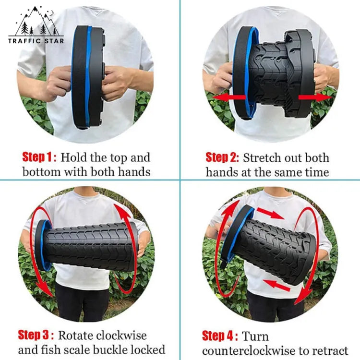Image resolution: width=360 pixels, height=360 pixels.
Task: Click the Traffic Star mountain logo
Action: point(36,25)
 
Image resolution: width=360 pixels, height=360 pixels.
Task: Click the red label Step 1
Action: point(39,157)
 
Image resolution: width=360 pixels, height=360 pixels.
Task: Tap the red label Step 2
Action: point(222,157)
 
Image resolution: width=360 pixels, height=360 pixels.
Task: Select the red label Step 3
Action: point(36,335)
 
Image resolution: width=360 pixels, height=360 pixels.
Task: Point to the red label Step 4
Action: point(220,336)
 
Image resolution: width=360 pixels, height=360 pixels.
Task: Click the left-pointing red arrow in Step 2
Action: point(229,97)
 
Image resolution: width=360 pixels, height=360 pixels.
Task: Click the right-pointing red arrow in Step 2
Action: point(315,97)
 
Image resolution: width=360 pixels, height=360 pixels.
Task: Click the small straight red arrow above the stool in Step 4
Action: point(270,213)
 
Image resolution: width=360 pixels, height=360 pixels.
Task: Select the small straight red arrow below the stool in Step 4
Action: point(276,286)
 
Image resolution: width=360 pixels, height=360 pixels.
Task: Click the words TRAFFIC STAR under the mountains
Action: point(36,41)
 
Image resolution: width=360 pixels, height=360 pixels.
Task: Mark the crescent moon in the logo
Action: point(52,13)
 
